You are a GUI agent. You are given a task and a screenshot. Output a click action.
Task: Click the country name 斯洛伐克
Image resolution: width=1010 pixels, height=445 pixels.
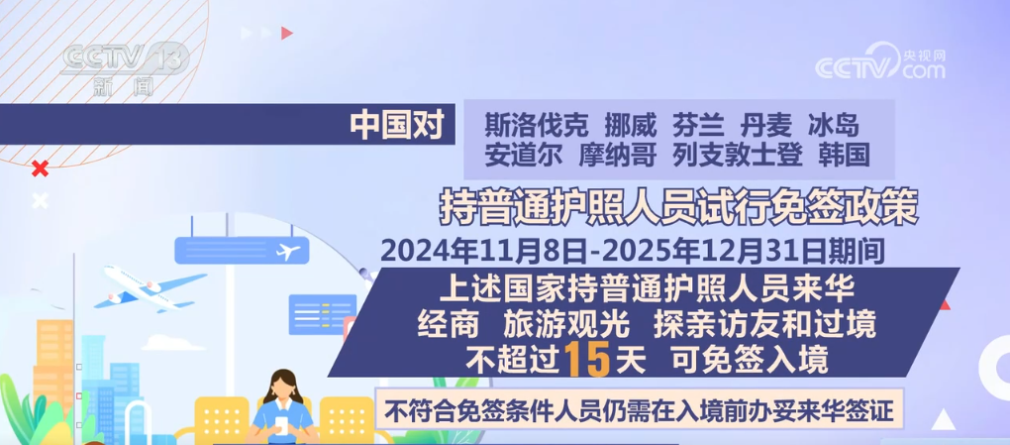[537, 125]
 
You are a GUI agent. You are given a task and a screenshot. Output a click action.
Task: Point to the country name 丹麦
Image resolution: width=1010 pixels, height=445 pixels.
[765, 125]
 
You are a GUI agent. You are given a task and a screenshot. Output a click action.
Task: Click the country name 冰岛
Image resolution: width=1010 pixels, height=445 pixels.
[833, 125]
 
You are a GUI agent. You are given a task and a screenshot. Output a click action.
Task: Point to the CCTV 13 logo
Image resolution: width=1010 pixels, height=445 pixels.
[123, 65]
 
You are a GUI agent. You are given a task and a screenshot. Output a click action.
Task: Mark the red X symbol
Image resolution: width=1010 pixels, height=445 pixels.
[40, 168]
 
